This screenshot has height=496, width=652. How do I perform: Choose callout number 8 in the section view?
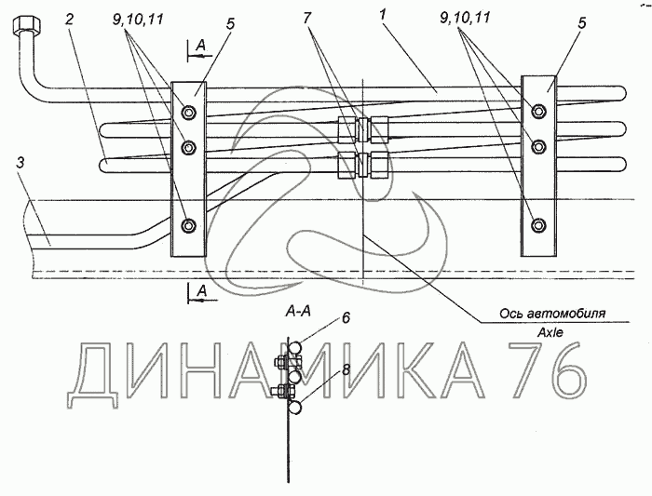(x=345, y=369)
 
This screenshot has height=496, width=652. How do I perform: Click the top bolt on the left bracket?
(x=189, y=114)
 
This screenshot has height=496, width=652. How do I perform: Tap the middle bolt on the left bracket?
(x=189, y=146)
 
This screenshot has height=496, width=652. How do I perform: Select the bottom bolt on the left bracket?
(x=189, y=225)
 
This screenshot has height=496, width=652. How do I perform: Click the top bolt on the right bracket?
(x=538, y=113)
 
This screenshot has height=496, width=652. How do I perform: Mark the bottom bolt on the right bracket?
(x=538, y=224)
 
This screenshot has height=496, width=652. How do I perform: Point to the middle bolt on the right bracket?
(x=538, y=146)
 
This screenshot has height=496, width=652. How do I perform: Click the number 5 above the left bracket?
(x=229, y=20)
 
